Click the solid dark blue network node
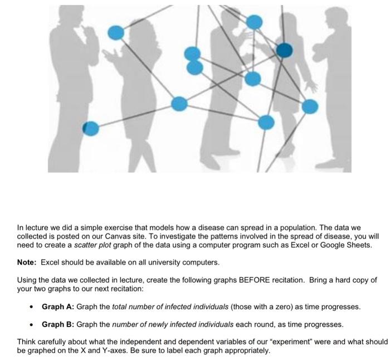pyautogui.click(x=284, y=51)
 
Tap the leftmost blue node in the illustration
pyautogui.click(x=91, y=129)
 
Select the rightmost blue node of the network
pyautogui.click(x=310, y=106)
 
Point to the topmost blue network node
pyautogui.click(x=254, y=22)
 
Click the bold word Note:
pyautogui.click(x=27, y=262)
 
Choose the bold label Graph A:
pyautogui.click(x=57, y=307)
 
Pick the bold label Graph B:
pyautogui.click(x=57, y=324)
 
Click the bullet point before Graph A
pyautogui.click(x=32, y=307)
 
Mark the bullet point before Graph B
pyautogui.click(x=32, y=324)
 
